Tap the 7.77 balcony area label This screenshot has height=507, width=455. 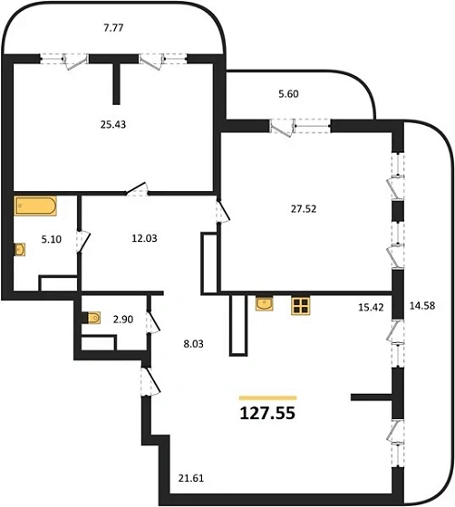tap(112, 28)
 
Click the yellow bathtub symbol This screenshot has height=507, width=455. tap(35, 205)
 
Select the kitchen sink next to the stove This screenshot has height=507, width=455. tap(266, 304)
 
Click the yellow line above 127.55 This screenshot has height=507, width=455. tap(267, 397)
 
